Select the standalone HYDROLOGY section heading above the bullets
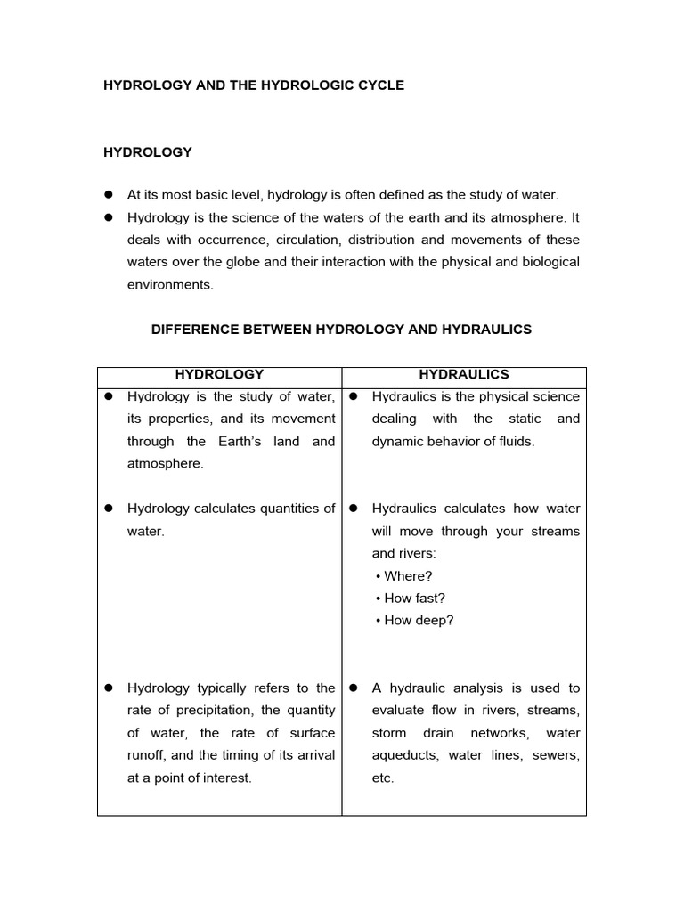148,152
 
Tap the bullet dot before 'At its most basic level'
110,194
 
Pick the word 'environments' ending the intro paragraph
170,285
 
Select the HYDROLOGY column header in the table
219,375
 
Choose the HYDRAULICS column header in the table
464,375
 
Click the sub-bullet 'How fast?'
413,598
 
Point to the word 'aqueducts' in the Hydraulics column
406,755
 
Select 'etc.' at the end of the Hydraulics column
383,778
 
